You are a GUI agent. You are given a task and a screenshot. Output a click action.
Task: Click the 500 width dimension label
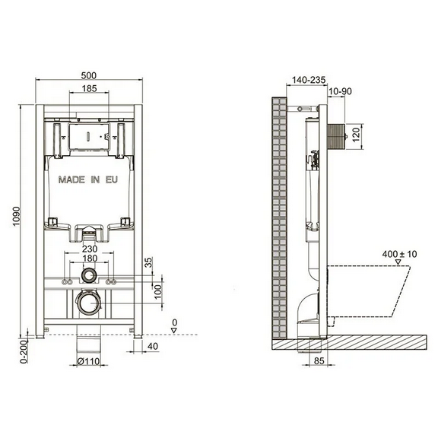pyautogui.click(x=88, y=76)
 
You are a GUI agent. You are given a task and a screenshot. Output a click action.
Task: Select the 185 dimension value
pyautogui.click(x=90, y=88)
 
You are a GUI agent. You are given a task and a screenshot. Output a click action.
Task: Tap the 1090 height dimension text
pyautogui.click(x=16, y=217)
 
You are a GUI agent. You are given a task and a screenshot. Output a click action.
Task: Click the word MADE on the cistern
pyautogui.click(x=71, y=179)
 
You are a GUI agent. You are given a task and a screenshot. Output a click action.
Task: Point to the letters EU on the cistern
pyautogui.click(x=112, y=179)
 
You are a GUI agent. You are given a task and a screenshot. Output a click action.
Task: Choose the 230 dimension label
pyautogui.click(x=90, y=249)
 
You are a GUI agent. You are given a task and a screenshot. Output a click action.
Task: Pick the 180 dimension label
pyautogui.click(x=90, y=259)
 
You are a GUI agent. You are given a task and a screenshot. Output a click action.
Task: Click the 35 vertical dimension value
pyautogui.click(x=148, y=262)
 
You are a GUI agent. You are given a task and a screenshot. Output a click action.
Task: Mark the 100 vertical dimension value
pyautogui.click(x=158, y=292)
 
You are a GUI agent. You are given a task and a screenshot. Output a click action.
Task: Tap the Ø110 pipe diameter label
pyautogui.click(x=88, y=361)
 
